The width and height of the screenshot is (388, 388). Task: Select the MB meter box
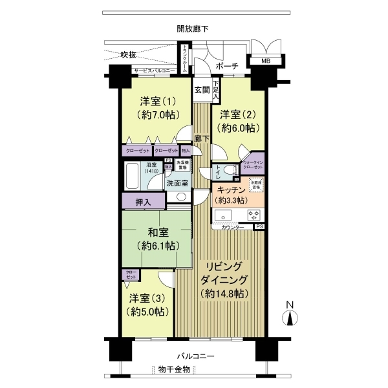(x=266, y=61)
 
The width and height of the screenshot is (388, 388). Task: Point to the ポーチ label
(x=226, y=67)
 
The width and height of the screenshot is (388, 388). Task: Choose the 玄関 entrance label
(x=202, y=91)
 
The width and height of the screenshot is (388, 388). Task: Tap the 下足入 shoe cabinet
(x=216, y=88)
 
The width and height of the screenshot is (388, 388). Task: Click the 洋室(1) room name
(x=155, y=102)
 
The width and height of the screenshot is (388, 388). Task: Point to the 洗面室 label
(x=177, y=183)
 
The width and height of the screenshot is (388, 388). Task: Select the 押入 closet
(x=143, y=202)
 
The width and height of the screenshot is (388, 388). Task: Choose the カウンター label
(x=233, y=228)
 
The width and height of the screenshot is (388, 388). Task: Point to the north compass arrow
(x=290, y=317)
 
